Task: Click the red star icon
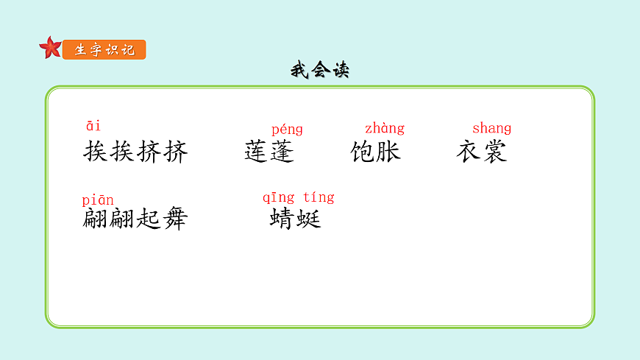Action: tap(50, 48)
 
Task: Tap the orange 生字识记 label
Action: tap(104, 50)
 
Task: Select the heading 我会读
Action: tap(319, 71)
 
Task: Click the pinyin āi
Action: tap(93, 126)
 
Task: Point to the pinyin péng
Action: tap(287, 130)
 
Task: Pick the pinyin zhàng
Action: tap(385, 129)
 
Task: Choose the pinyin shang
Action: tap(491, 128)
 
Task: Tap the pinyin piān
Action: tap(98, 200)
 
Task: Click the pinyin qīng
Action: tap(279, 197)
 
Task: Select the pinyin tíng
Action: tap(319, 197)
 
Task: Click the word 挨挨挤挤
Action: tap(136, 152)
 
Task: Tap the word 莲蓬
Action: tap(269, 152)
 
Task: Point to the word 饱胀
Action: tap(376, 152)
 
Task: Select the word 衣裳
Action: tap(482, 152)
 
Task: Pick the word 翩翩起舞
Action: tap(135, 219)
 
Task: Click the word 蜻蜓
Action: tap(296, 219)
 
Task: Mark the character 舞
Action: tap(175, 219)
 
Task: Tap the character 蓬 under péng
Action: tap(282, 152)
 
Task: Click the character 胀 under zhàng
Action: tap(388, 152)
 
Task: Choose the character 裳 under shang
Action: tap(494, 152)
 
